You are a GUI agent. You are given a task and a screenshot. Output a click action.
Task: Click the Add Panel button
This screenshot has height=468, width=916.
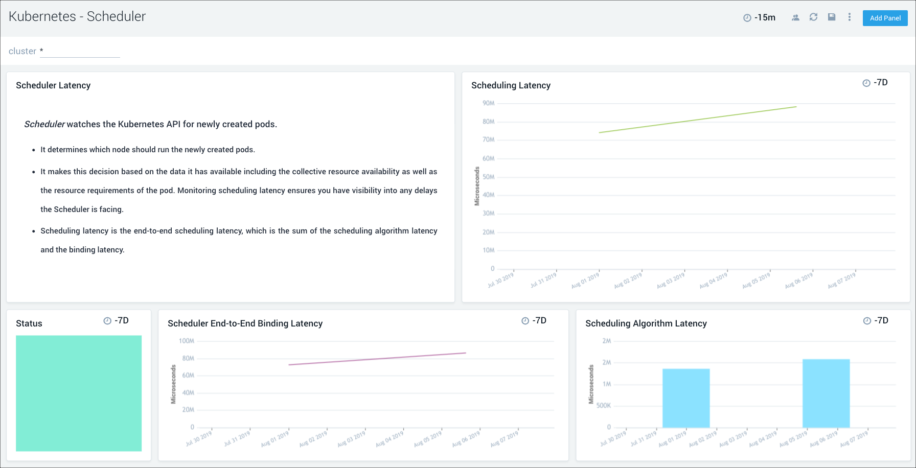pyautogui.click(x=885, y=18)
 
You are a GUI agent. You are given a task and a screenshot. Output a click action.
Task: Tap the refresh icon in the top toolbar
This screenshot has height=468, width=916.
pyautogui.click(x=813, y=17)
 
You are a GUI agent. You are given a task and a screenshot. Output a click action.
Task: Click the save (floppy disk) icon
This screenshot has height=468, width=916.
pyautogui.click(x=832, y=17)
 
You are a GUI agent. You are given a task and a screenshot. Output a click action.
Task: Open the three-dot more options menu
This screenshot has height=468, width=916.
pyautogui.click(x=850, y=17)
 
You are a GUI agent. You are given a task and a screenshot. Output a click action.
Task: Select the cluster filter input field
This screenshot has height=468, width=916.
pyautogui.click(x=80, y=51)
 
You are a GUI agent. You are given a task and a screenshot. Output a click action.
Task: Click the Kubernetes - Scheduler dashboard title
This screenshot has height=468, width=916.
pyautogui.click(x=77, y=16)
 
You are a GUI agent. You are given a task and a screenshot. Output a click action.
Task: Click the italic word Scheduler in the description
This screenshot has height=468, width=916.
pyautogui.click(x=44, y=124)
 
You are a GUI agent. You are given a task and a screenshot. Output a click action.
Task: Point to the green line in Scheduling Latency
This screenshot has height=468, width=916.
pyautogui.click(x=698, y=120)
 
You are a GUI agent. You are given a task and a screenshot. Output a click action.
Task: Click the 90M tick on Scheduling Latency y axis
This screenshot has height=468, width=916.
pyautogui.click(x=488, y=103)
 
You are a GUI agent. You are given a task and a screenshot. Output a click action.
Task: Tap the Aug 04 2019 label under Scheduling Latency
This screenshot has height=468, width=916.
pyautogui.click(x=714, y=280)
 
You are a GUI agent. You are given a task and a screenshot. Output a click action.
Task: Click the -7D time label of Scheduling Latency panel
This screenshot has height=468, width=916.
pyautogui.click(x=876, y=83)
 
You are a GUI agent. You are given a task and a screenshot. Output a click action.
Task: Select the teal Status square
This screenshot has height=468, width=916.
pyautogui.click(x=79, y=393)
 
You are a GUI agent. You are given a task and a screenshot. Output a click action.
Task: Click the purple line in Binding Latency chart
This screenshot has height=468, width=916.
pyautogui.click(x=377, y=359)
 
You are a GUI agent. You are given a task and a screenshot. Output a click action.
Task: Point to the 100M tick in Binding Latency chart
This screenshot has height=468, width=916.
pyautogui.click(x=186, y=341)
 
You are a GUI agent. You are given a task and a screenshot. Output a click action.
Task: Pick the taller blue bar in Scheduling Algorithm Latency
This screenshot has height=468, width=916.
pyautogui.click(x=826, y=393)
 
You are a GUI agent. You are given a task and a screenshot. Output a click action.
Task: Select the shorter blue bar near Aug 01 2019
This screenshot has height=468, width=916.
pyautogui.click(x=686, y=398)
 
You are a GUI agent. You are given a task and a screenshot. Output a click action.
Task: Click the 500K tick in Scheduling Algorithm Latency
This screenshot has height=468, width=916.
pyautogui.click(x=603, y=406)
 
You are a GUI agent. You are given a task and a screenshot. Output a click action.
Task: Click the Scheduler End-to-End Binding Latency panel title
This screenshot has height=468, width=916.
pyautogui.click(x=245, y=323)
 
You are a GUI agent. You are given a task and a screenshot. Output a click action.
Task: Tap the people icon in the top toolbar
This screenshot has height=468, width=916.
pyautogui.click(x=795, y=17)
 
